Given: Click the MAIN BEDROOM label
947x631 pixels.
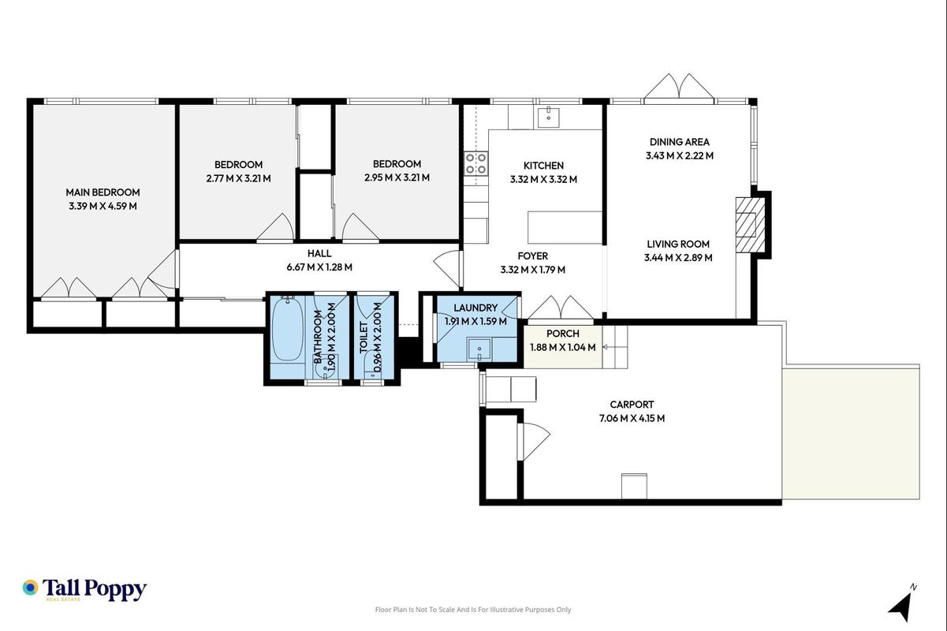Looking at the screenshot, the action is (103, 192).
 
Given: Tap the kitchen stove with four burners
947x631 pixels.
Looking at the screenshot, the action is (476, 164).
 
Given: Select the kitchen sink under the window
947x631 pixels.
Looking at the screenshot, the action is (548, 118).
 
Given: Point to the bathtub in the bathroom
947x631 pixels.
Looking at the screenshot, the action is (288, 330).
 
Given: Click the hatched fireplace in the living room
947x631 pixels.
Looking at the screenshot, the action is (751, 225).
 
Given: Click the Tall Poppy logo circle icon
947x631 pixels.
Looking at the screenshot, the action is (31, 588).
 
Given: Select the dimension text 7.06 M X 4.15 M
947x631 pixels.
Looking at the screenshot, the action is (632, 418).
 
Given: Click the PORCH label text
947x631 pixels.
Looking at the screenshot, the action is (563, 334).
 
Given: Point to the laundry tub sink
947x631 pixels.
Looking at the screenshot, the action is (479, 349).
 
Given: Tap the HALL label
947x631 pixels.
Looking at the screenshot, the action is (319, 253).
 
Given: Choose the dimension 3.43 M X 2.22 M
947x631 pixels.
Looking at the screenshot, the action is (680, 155).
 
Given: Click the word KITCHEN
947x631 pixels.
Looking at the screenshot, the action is (544, 166).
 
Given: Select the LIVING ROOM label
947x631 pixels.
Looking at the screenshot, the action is (678, 244).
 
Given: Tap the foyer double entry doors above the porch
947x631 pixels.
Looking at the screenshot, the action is (561, 308).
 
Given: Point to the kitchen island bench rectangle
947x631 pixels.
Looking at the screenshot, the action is (565, 227).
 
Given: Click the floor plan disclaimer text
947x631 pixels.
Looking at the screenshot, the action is (473, 610).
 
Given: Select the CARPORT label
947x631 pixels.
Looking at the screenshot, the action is (632, 405).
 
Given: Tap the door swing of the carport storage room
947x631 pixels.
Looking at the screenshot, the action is (536, 442).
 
